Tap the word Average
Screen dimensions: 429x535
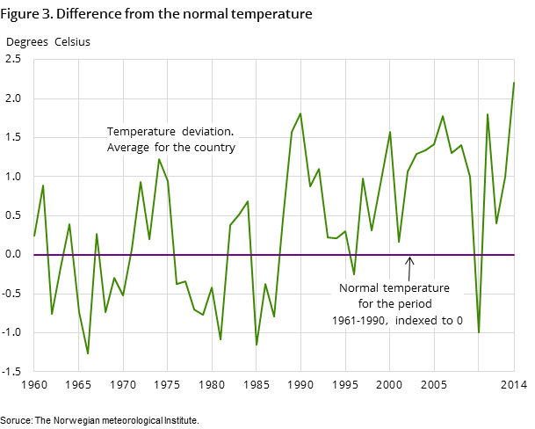point(128,147)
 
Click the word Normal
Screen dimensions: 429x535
point(359,287)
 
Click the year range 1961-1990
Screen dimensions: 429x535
point(359,320)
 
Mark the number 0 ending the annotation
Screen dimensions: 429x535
point(459,320)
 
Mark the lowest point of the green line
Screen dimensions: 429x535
point(88,353)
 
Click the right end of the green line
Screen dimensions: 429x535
point(514,83)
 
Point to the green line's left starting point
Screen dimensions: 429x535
point(34,236)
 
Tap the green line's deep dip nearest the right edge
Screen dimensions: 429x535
point(479,332)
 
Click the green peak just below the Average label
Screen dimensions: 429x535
point(159,159)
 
